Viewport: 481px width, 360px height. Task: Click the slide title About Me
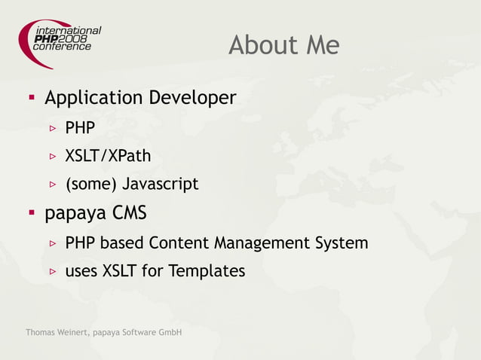(283, 46)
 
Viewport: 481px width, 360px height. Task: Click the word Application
(93, 99)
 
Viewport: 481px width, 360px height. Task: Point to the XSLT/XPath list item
(108, 156)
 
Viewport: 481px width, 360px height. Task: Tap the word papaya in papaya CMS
(76, 215)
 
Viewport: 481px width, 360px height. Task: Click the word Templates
(205, 271)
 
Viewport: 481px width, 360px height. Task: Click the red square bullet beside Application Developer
(32, 98)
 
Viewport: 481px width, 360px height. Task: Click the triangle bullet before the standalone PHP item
(53, 128)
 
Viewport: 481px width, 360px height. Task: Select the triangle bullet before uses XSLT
(53, 271)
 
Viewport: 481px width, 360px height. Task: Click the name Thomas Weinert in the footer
(57, 333)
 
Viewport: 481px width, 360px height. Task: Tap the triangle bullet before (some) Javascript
(53, 184)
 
